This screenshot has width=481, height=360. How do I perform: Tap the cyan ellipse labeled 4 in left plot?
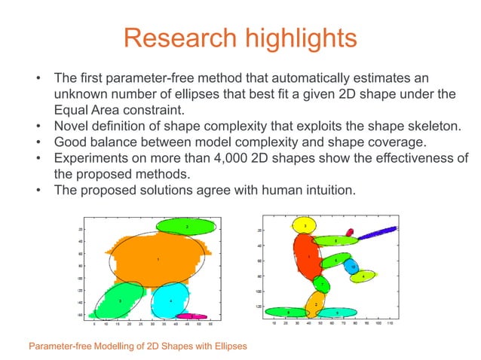(170, 299)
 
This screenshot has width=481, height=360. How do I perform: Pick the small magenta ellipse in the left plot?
(191, 316)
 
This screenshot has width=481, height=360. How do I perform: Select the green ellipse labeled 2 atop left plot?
(185, 226)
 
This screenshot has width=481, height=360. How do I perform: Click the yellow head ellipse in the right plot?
(304, 225)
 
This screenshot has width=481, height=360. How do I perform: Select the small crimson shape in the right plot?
(349, 233)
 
